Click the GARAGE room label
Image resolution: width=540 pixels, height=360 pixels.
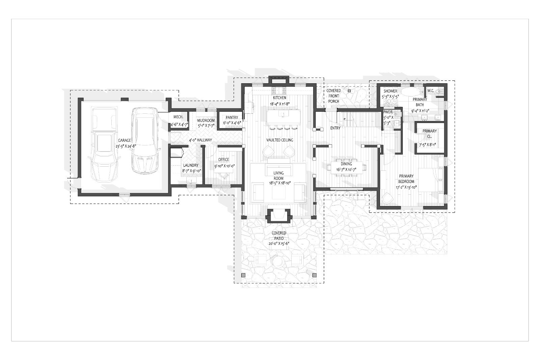pos(125,140)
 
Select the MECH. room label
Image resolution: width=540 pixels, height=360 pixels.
pos(179,117)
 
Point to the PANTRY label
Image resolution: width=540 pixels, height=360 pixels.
pos(232,117)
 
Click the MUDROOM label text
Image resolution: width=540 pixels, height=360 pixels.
pos(206,120)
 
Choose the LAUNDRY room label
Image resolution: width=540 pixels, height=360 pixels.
pos(191,165)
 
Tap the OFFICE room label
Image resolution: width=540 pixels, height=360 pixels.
pos(223,160)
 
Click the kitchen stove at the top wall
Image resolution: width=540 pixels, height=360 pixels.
pos(279,90)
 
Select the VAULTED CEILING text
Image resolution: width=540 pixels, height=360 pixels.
pos(280,140)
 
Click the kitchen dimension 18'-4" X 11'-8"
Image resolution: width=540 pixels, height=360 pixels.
pos(280,104)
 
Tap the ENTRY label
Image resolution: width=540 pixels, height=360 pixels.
pos(335,128)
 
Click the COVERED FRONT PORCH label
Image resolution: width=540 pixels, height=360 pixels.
pos(334,96)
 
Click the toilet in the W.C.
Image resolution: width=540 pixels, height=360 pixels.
pos(439,91)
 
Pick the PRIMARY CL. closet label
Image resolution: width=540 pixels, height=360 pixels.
pos(430,134)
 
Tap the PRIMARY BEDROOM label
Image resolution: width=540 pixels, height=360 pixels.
pos(406,178)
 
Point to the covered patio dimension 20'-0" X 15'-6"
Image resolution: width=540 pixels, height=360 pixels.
pos(279,243)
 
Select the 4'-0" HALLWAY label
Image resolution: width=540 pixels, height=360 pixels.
pos(200,140)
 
